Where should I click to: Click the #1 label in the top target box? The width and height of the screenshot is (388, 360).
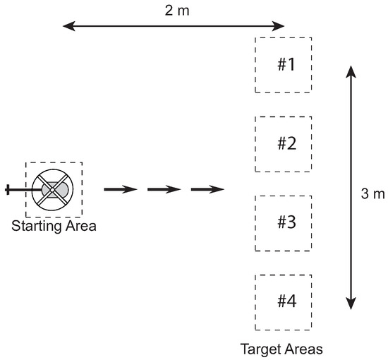click(285, 65)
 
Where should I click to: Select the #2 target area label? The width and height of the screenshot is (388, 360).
click(285, 144)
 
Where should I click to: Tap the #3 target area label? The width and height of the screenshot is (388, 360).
click(285, 222)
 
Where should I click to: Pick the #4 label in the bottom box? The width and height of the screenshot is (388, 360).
click(285, 301)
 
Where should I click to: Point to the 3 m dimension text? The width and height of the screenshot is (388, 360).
click(369, 193)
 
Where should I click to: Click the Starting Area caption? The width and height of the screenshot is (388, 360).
click(54, 227)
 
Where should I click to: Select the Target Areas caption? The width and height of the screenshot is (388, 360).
click(281, 349)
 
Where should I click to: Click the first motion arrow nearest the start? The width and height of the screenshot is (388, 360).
click(120, 189)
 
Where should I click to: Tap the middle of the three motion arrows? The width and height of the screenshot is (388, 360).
click(164, 189)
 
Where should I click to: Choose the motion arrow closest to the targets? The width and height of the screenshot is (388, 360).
click(207, 189)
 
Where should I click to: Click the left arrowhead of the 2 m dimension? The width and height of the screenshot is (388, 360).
click(67, 27)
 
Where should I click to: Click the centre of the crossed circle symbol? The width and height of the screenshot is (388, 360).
click(52, 189)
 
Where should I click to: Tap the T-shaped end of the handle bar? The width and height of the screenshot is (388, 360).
click(8, 189)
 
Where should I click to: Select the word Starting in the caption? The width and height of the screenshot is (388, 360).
click(35, 227)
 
